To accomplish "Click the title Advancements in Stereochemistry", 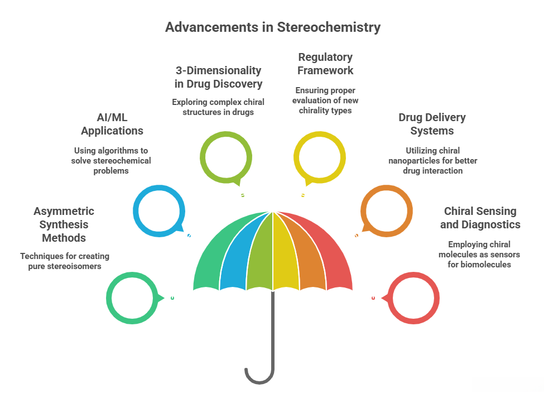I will coord(272,27).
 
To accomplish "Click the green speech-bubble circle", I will coord(132,298).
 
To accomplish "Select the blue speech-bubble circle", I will coord(158,211).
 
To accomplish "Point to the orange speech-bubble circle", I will coord(387,211).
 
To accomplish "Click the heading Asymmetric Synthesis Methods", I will coord(64,224).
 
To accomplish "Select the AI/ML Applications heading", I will coord(112,124).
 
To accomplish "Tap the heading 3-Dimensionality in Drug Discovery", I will coord(218,77).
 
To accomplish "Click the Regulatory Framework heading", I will coord(325,64).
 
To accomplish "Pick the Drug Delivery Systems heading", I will coord(432,124).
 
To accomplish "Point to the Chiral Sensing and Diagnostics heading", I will coord(480,218).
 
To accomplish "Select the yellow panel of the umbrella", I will coord(286,251).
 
